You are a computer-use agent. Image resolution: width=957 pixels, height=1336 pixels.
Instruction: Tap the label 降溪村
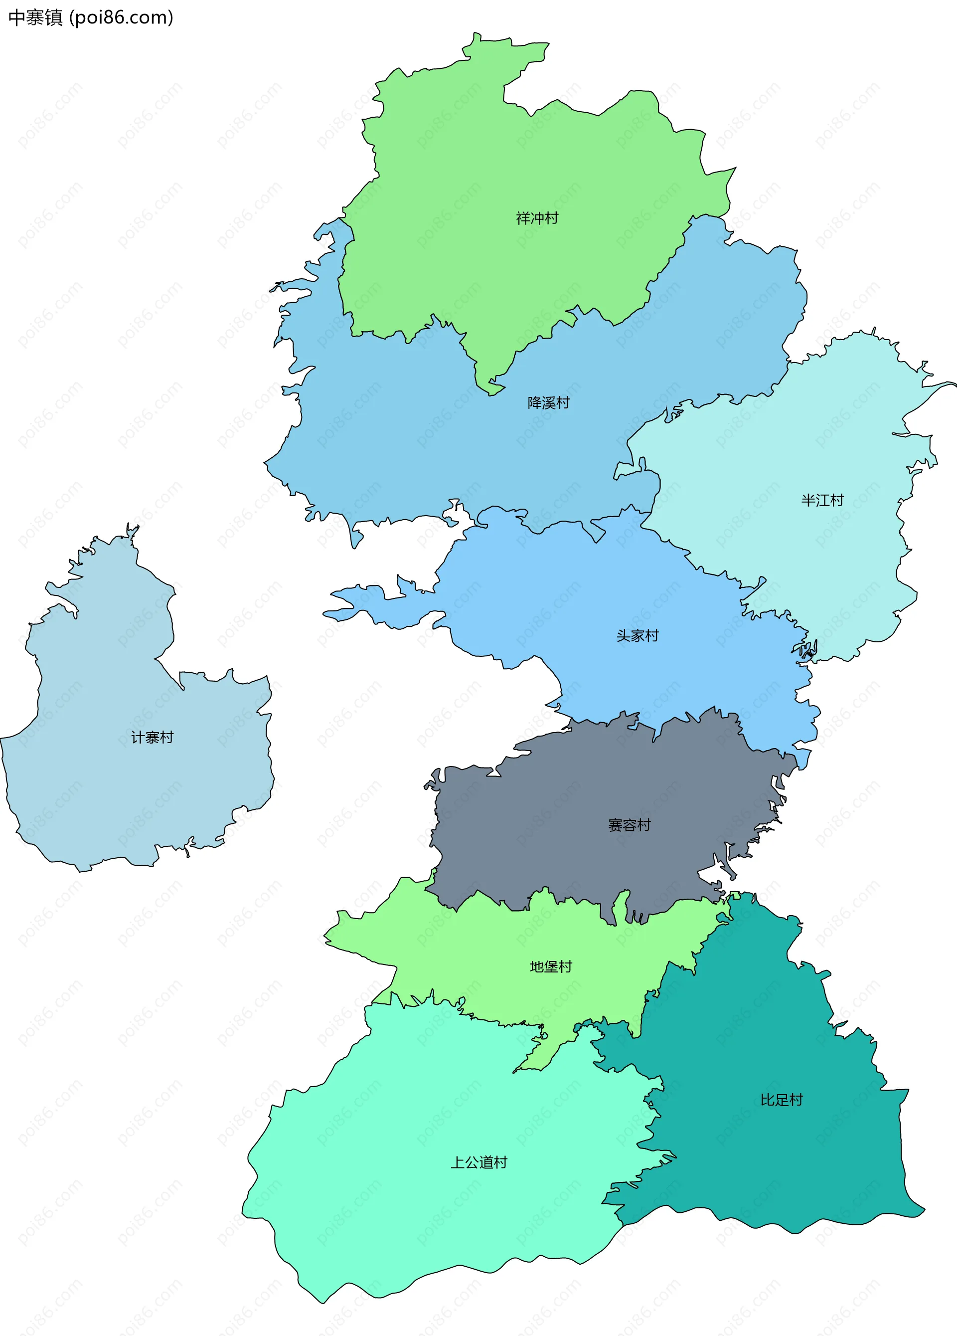point(548,403)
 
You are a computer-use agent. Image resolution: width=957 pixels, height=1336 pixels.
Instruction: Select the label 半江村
point(822,501)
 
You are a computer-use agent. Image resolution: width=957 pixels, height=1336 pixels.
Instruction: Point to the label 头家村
point(637,636)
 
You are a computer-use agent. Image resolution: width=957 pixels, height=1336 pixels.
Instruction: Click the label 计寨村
point(152,738)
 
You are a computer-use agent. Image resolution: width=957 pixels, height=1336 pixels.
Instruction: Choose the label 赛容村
point(629,825)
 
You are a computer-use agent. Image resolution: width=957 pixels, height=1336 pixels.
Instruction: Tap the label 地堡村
point(551,966)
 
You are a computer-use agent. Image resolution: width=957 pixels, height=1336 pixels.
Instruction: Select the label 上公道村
point(479,1162)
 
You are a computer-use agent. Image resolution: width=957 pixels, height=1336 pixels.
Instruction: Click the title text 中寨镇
point(35,17)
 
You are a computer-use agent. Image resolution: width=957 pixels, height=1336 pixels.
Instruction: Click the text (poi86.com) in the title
point(121,17)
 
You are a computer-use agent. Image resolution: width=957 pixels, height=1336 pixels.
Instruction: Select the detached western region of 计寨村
point(118,789)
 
